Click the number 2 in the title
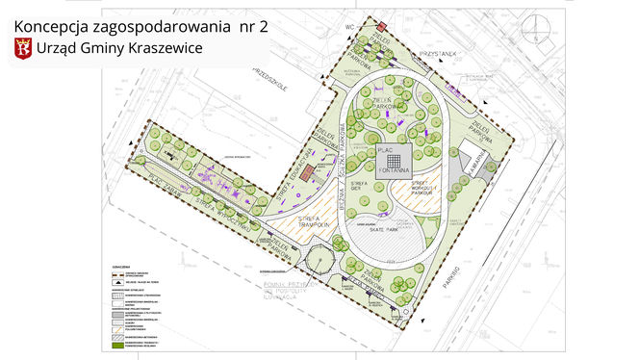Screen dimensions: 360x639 263,26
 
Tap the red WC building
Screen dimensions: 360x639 381,25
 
